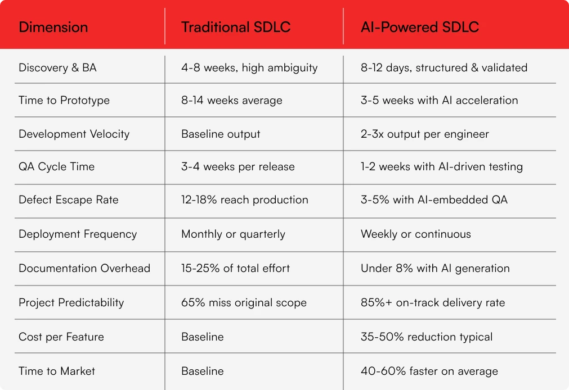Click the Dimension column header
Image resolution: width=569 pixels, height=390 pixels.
click(x=53, y=27)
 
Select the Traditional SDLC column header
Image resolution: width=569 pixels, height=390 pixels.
click(x=236, y=27)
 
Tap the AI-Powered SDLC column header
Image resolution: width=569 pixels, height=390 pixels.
click(x=420, y=27)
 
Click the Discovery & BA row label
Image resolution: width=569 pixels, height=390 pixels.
click(x=57, y=68)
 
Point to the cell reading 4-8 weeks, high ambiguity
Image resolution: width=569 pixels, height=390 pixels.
click(x=249, y=68)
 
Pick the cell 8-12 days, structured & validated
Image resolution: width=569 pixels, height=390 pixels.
click(x=444, y=68)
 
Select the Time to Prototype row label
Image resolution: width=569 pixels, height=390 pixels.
click(x=64, y=101)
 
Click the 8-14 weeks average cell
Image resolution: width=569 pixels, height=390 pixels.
click(x=232, y=101)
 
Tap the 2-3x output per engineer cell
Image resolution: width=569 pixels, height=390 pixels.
click(x=425, y=134)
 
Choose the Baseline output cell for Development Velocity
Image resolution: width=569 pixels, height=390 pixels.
click(x=221, y=134)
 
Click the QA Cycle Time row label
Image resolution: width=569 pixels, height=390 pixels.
click(x=56, y=167)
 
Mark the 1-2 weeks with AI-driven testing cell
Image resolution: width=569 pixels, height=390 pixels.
click(x=442, y=167)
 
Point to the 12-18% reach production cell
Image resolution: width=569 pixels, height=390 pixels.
click(x=245, y=200)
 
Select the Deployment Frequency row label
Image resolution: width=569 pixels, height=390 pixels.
click(x=78, y=234)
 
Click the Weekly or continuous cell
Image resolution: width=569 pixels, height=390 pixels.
click(x=416, y=234)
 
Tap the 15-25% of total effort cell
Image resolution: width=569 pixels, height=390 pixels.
click(x=235, y=268)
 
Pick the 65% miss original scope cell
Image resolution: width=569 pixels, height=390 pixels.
click(x=244, y=302)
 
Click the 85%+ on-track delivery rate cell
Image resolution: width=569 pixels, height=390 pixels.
click(x=433, y=302)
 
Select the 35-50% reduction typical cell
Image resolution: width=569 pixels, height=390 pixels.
click(x=427, y=337)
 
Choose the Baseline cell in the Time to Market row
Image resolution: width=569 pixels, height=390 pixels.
click(x=202, y=371)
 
